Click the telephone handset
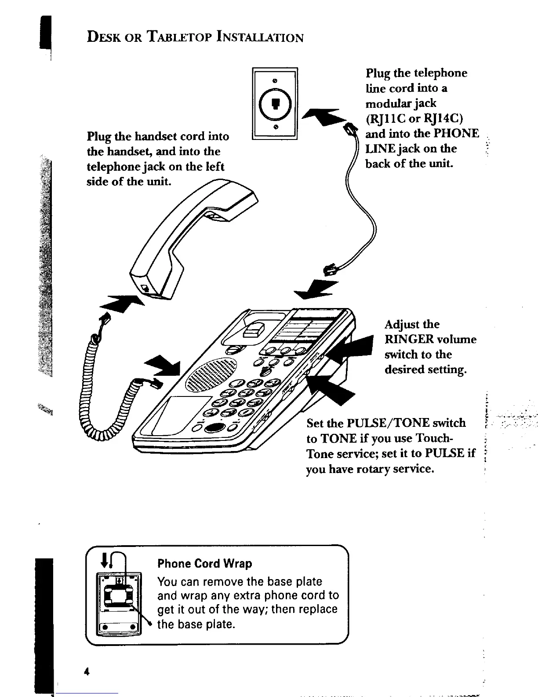[x=193, y=233]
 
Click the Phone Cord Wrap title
[x=204, y=564]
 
